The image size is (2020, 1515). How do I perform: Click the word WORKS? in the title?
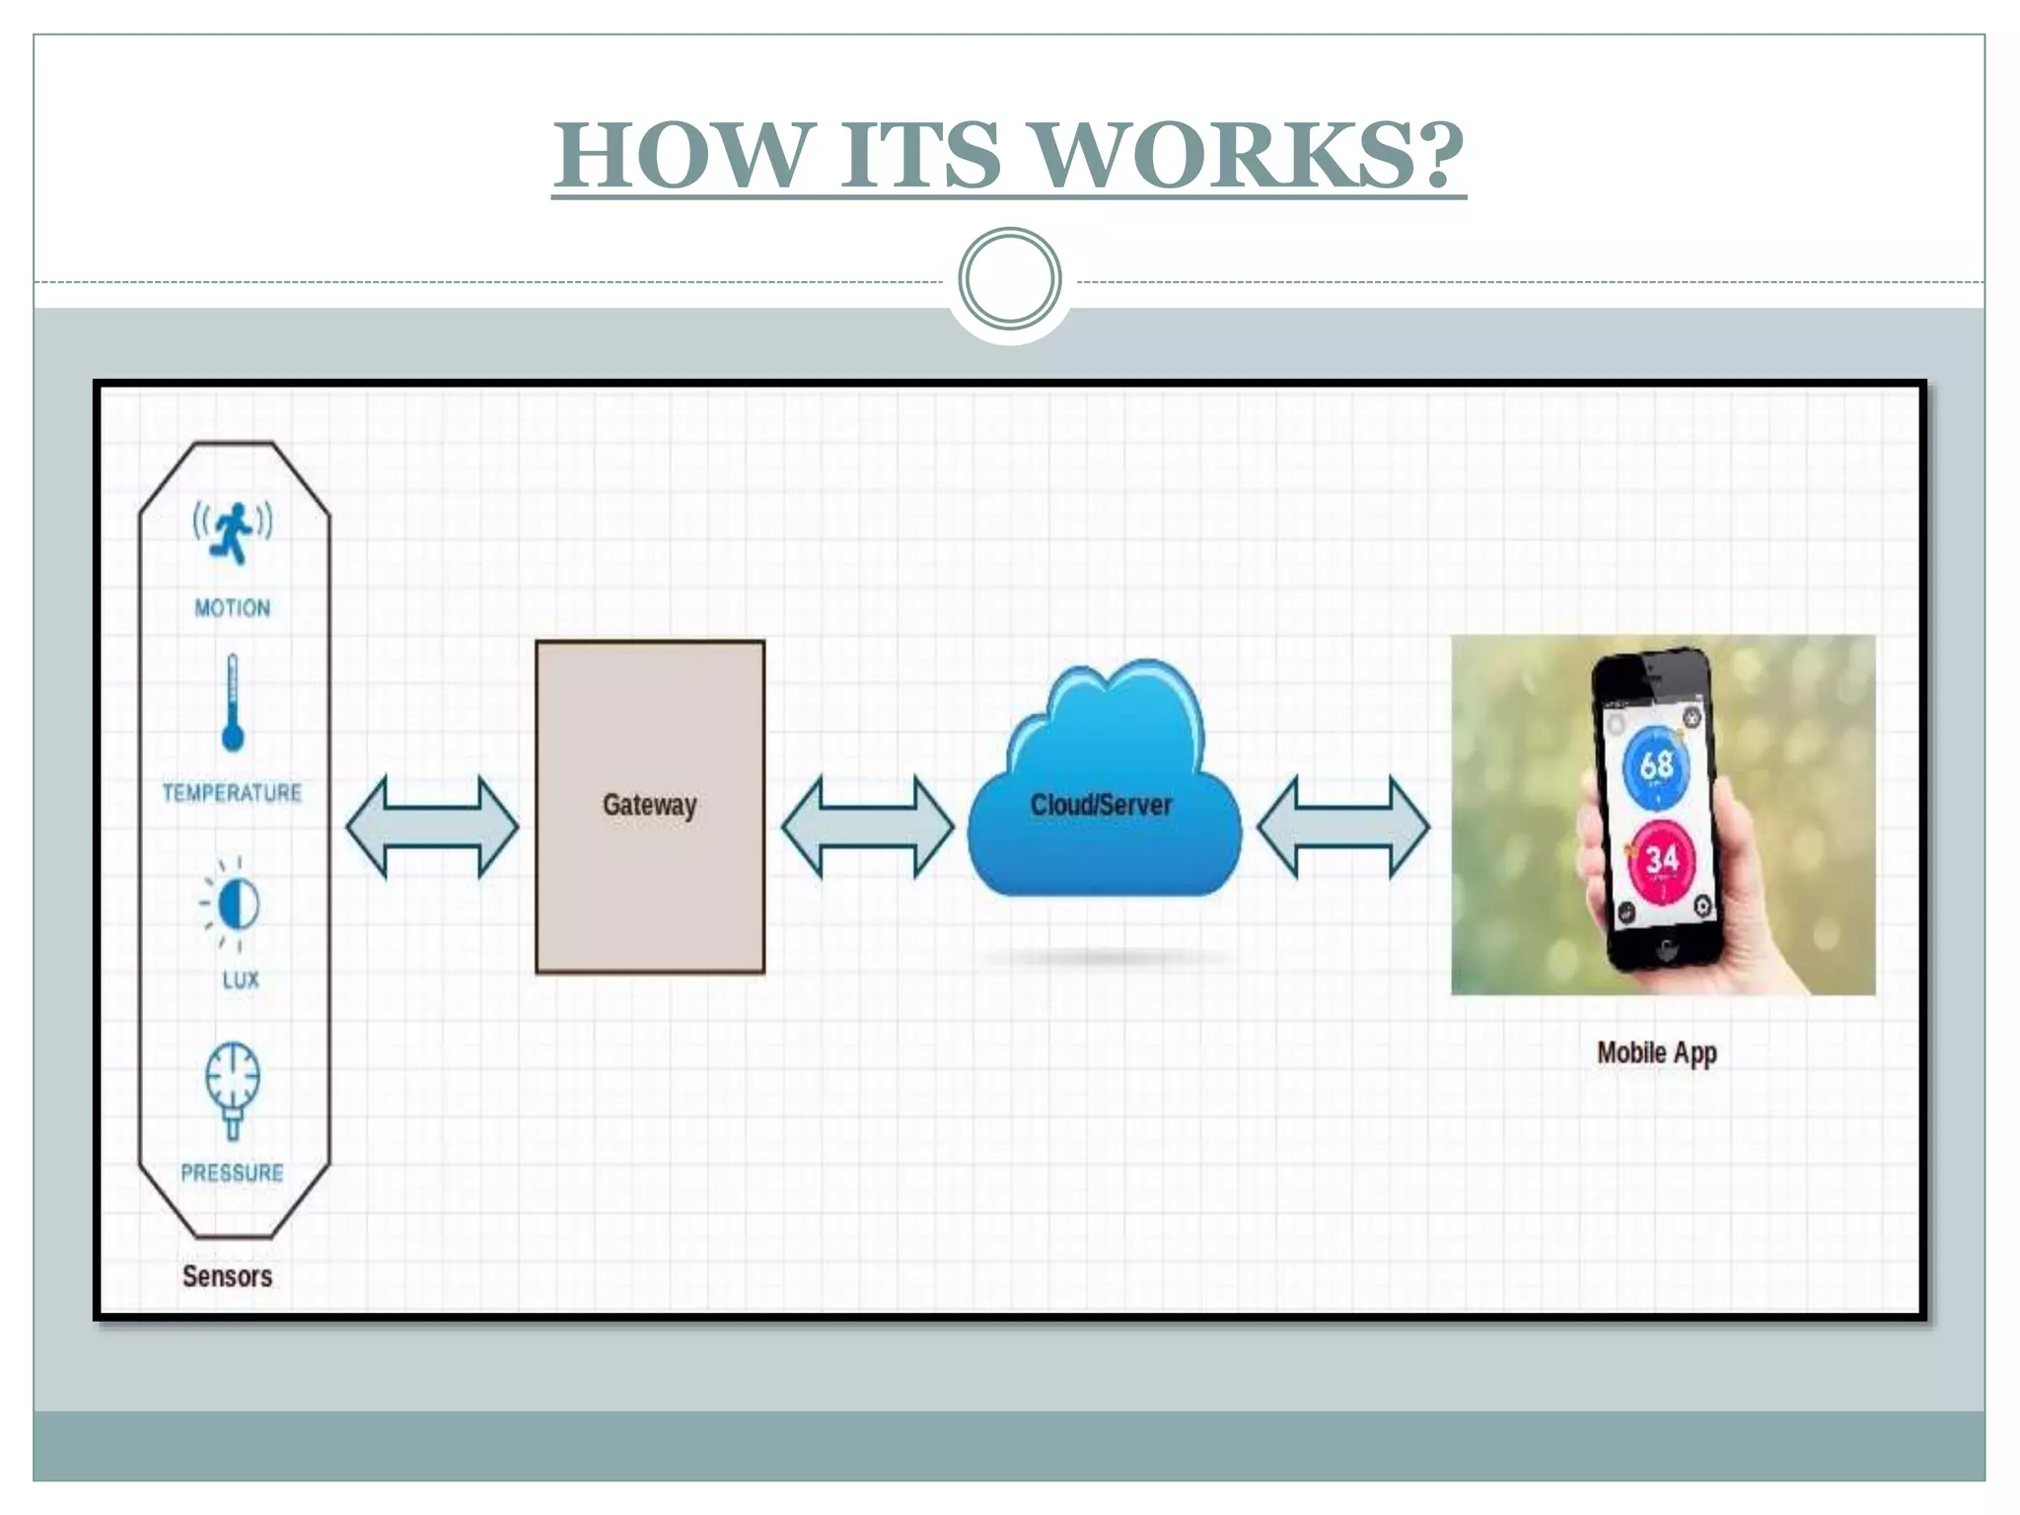tap(1250, 156)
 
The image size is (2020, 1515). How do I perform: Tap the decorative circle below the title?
tap(1009, 279)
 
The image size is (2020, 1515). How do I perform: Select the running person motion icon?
tap(233, 533)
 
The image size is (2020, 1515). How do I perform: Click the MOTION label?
tap(233, 608)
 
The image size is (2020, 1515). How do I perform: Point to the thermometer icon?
tap(233, 703)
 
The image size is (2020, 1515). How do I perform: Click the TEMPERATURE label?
tap(233, 793)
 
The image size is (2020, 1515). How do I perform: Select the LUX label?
tap(241, 979)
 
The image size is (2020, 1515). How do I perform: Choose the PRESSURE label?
tap(233, 1173)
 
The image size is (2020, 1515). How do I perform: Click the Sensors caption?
tap(227, 1276)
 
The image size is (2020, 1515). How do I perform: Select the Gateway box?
tap(650, 807)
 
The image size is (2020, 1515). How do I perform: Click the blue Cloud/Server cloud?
tap(1103, 789)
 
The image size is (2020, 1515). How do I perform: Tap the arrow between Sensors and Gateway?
tap(432, 827)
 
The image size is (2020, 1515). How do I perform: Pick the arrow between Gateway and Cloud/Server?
tap(868, 827)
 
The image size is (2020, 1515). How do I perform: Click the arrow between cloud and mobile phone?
tap(1343, 827)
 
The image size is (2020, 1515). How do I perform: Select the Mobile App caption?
tap(1657, 1053)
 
